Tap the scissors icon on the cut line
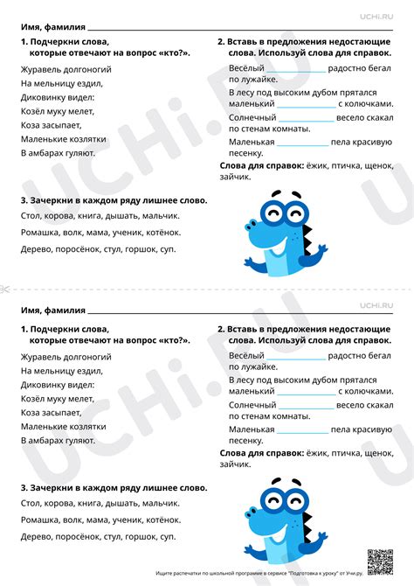[x=5, y=289]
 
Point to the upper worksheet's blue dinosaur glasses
[x=280, y=214]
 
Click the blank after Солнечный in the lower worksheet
[x=306, y=406]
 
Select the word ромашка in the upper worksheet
[x=40, y=232]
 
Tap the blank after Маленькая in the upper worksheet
[x=301, y=142]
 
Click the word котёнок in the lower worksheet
[x=162, y=518]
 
